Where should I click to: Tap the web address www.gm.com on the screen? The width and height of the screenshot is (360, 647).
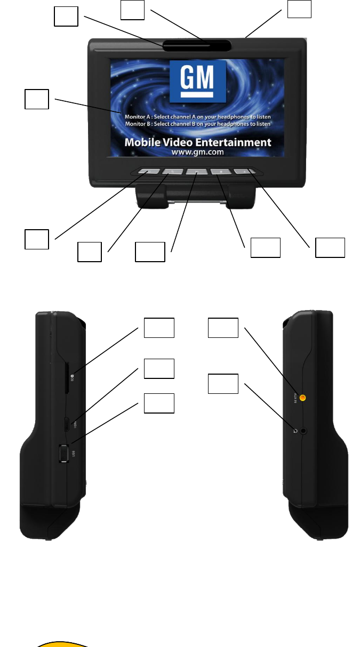click(x=197, y=152)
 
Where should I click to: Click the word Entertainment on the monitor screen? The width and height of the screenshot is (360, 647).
click(x=233, y=142)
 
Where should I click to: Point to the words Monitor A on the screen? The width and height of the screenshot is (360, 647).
click(x=138, y=116)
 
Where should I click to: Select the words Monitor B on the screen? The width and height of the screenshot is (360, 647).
click(x=138, y=124)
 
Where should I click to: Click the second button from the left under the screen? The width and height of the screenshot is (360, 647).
click(x=172, y=172)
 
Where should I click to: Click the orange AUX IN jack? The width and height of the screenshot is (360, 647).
click(x=302, y=397)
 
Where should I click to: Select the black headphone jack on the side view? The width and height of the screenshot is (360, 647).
click(x=304, y=431)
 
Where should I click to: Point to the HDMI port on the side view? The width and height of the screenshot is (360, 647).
click(x=66, y=424)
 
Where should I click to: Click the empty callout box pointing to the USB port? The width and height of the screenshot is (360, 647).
click(x=159, y=403)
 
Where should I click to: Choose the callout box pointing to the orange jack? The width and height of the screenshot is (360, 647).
click(x=223, y=328)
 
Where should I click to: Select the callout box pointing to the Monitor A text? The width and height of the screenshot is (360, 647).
click(x=37, y=99)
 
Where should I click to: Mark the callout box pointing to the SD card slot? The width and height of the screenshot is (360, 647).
click(x=159, y=328)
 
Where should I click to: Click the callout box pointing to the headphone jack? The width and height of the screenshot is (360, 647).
click(x=223, y=384)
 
